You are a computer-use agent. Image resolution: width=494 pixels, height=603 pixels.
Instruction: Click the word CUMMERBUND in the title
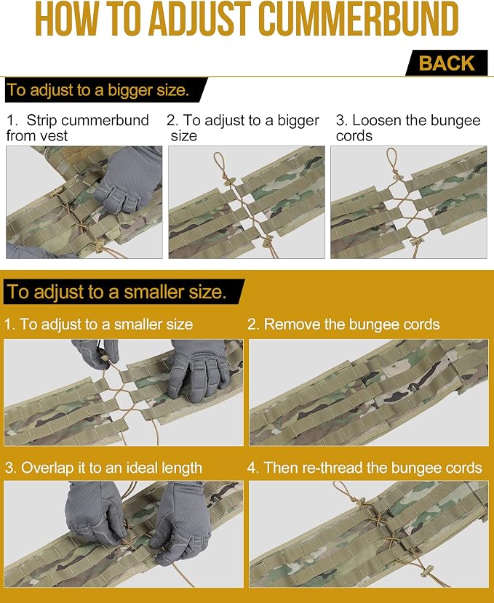358,19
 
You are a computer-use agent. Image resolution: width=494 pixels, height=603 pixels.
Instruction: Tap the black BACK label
447,63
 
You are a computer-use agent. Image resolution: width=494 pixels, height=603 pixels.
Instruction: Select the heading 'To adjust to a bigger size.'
98,90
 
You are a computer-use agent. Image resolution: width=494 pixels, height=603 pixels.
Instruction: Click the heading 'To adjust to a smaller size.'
116,292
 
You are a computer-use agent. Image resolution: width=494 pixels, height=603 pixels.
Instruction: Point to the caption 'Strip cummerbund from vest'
77,128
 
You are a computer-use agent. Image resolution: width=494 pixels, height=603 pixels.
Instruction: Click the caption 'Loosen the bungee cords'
408,128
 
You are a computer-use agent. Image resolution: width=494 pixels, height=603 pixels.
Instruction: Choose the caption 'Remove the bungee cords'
343,324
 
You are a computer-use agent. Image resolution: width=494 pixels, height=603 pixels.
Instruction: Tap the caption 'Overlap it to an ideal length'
103,468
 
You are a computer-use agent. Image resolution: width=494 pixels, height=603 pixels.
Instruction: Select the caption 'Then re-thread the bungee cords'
364,468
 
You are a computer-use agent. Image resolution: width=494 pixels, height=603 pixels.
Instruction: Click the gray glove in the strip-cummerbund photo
129,179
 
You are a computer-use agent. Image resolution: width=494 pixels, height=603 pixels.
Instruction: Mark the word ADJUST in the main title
200,19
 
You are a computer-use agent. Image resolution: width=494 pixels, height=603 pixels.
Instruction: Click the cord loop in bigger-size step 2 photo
220,164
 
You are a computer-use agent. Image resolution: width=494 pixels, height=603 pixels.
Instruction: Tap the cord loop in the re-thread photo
343,490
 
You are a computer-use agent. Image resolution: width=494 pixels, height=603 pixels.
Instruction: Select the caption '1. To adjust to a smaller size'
99,324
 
